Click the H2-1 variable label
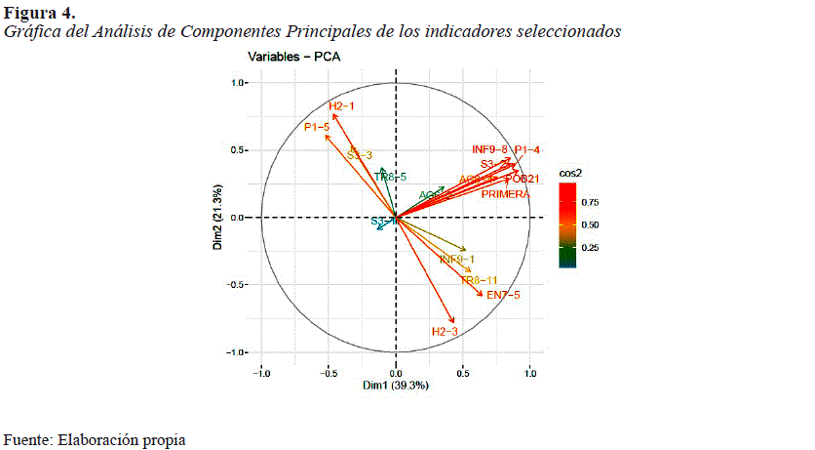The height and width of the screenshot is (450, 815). [x=341, y=106]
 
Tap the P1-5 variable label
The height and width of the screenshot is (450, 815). [x=317, y=127]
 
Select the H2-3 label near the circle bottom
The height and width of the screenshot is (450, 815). [x=444, y=333]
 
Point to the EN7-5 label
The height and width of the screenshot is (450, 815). [x=503, y=295]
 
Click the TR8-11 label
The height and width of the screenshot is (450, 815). [x=479, y=281]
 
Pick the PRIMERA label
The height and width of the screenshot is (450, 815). [x=506, y=194]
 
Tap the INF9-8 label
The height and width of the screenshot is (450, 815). [x=490, y=149]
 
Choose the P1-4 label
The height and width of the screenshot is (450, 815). [x=527, y=149]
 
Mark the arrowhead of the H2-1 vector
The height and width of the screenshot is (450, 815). [x=334, y=114]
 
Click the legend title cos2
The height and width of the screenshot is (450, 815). [x=571, y=173]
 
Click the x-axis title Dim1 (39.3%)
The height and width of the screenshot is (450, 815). [x=396, y=387]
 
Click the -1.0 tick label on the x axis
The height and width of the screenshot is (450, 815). [x=261, y=373]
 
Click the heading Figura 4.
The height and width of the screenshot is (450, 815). [x=39, y=13]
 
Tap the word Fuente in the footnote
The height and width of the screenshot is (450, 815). [x=26, y=440]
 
